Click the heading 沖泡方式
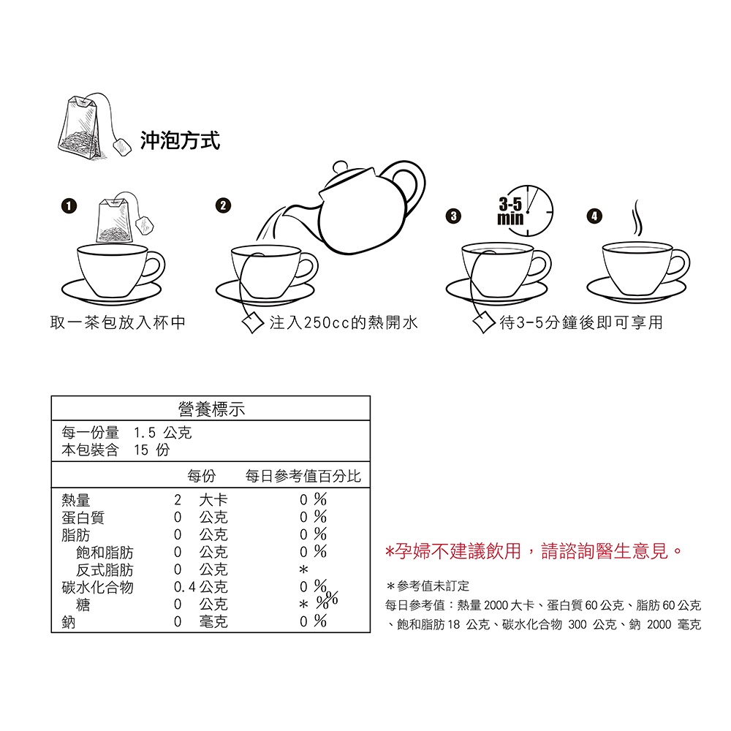(180, 140)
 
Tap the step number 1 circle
(69, 205)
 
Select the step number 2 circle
(223, 205)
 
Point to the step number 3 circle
(453, 216)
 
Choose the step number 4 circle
(594, 216)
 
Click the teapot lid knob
(341, 167)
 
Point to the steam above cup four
(637, 218)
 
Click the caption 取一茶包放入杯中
(118, 322)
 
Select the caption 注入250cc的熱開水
(344, 322)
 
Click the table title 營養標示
(211, 409)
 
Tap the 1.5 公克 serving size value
(163, 433)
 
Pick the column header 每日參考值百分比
(303, 476)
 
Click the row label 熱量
(75, 500)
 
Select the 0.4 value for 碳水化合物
(185, 587)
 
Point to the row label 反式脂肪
(105, 569)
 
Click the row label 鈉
(69, 622)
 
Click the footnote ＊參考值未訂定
(428, 586)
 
